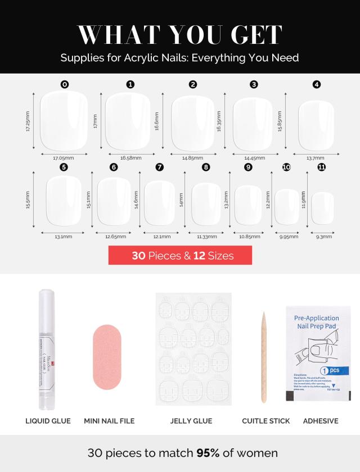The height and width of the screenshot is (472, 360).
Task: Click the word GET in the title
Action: pyautogui.click(x=250, y=35)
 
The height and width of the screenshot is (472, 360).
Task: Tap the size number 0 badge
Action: pyautogui.click(x=65, y=84)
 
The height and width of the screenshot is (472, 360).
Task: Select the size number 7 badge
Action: pyautogui.click(x=160, y=167)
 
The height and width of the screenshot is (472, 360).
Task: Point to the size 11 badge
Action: pyautogui.click(x=321, y=167)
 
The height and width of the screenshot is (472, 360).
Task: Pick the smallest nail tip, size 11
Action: pyautogui.click(x=323, y=208)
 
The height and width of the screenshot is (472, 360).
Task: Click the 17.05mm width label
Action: pyautogui.click(x=64, y=158)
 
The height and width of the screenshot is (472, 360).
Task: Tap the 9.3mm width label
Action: pyautogui.click(x=324, y=237)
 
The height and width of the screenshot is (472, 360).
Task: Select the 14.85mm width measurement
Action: pyautogui.click(x=192, y=158)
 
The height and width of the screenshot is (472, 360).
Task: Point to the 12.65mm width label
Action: pyautogui.click(x=115, y=237)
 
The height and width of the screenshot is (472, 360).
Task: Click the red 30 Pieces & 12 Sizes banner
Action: pyautogui.click(x=180, y=256)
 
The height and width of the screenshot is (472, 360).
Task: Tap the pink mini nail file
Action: pyautogui.click(x=109, y=359)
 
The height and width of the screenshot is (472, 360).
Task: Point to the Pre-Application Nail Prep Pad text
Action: pyautogui.click(x=317, y=322)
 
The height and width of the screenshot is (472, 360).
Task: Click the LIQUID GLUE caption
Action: pyautogui.click(x=48, y=421)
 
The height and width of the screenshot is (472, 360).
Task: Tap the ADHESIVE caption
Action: pyautogui.click(x=321, y=421)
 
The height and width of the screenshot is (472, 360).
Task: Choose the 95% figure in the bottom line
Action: pyautogui.click(x=209, y=453)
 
